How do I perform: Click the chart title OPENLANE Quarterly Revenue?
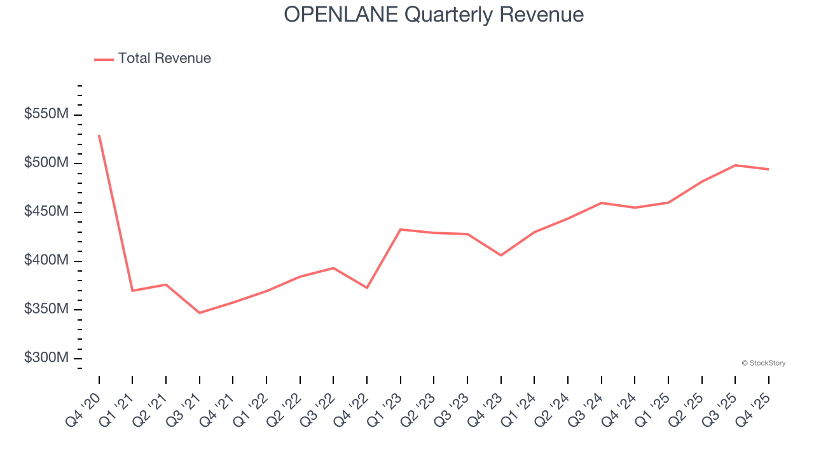(434, 14)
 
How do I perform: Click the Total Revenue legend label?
(164, 59)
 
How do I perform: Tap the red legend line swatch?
(104, 59)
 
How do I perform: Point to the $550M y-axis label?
(46, 114)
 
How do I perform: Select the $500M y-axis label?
(46, 163)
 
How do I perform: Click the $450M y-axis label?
(46, 212)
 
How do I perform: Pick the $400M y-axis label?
(46, 261)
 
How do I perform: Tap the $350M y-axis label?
(46, 309)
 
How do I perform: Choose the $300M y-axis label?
(46, 358)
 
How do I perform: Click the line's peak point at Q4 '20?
(99, 135)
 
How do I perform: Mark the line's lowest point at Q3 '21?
(200, 313)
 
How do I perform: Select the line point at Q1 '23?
(401, 229)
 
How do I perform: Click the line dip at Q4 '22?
(367, 288)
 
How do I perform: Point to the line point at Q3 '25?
(735, 165)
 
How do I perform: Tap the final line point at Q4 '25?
(769, 169)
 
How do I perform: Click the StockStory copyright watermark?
(763, 363)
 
